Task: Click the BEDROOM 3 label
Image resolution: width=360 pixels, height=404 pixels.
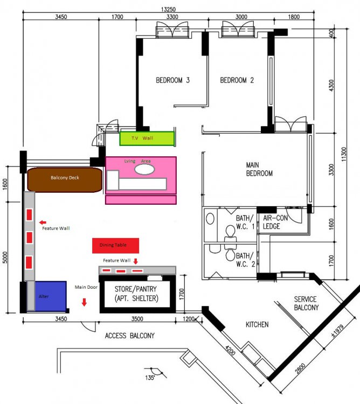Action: pos(172,80)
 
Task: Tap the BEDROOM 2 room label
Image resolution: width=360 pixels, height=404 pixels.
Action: pos(237,80)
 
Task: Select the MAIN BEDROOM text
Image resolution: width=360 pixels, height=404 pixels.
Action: pos(259,169)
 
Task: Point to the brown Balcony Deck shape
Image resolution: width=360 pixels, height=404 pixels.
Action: pos(65,179)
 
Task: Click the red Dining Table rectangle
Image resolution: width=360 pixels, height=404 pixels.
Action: pos(116,245)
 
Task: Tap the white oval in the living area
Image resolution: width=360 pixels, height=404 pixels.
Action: pos(144,169)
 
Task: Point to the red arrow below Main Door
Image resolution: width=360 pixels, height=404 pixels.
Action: pos(84,302)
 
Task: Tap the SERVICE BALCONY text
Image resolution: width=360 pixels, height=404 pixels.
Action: pos(306,303)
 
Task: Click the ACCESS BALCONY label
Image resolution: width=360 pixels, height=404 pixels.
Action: pos(129,336)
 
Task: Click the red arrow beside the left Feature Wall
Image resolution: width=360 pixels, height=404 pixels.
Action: pos(43,221)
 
